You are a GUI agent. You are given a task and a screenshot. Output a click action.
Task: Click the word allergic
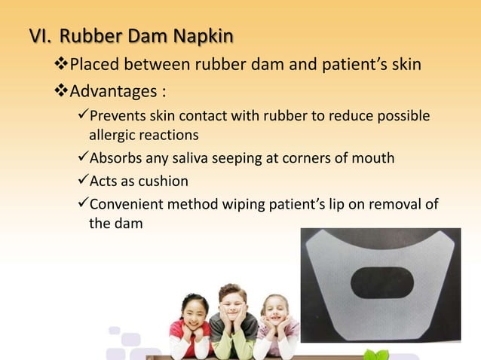[112, 136]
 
